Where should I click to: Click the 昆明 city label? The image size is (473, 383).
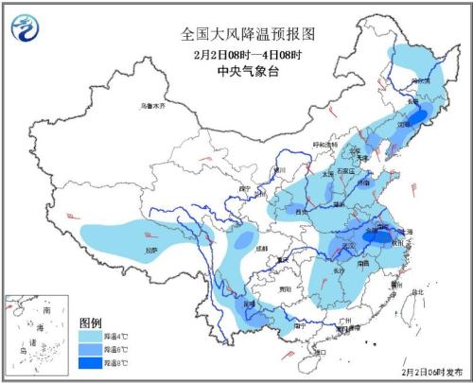[249, 305]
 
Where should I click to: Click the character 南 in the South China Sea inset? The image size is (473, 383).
[46, 310]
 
